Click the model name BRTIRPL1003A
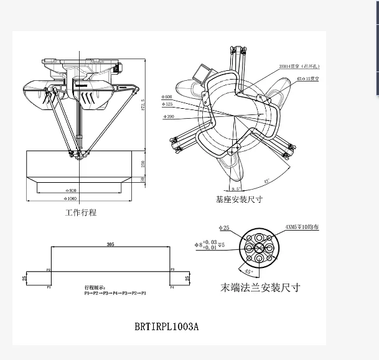pos(167,326)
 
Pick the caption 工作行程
pos(81,213)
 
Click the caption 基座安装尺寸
pos(239,200)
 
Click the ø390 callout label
pos(167,117)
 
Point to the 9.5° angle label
pos(236,188)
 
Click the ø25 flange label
pos(225,228)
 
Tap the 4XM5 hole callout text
pos(302,227)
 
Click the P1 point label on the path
pos(48,287)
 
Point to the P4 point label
pos(172,287)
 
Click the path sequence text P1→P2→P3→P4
pos(115,292)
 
